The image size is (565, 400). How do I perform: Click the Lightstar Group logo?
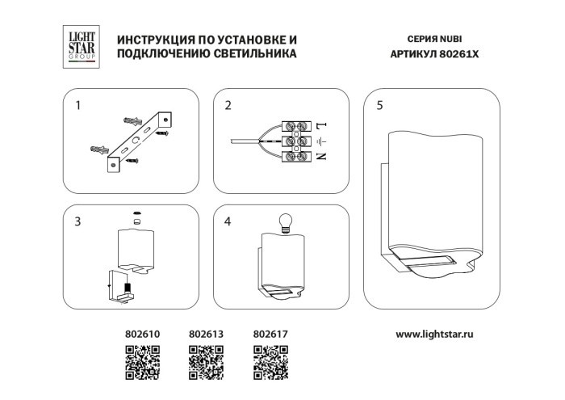click(x=81, y=45)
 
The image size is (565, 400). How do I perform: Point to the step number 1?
click(x=78, y=106)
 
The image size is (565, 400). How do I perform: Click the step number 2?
click(x=228, y=106)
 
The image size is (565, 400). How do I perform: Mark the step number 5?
click(x=379, y=106)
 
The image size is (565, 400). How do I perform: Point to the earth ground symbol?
click(x=320, y=141)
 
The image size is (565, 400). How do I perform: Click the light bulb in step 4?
click(x=283, y=221)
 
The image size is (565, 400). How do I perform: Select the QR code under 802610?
click(x=143, y=361)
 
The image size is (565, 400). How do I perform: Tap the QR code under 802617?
click(x=270, y=361)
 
